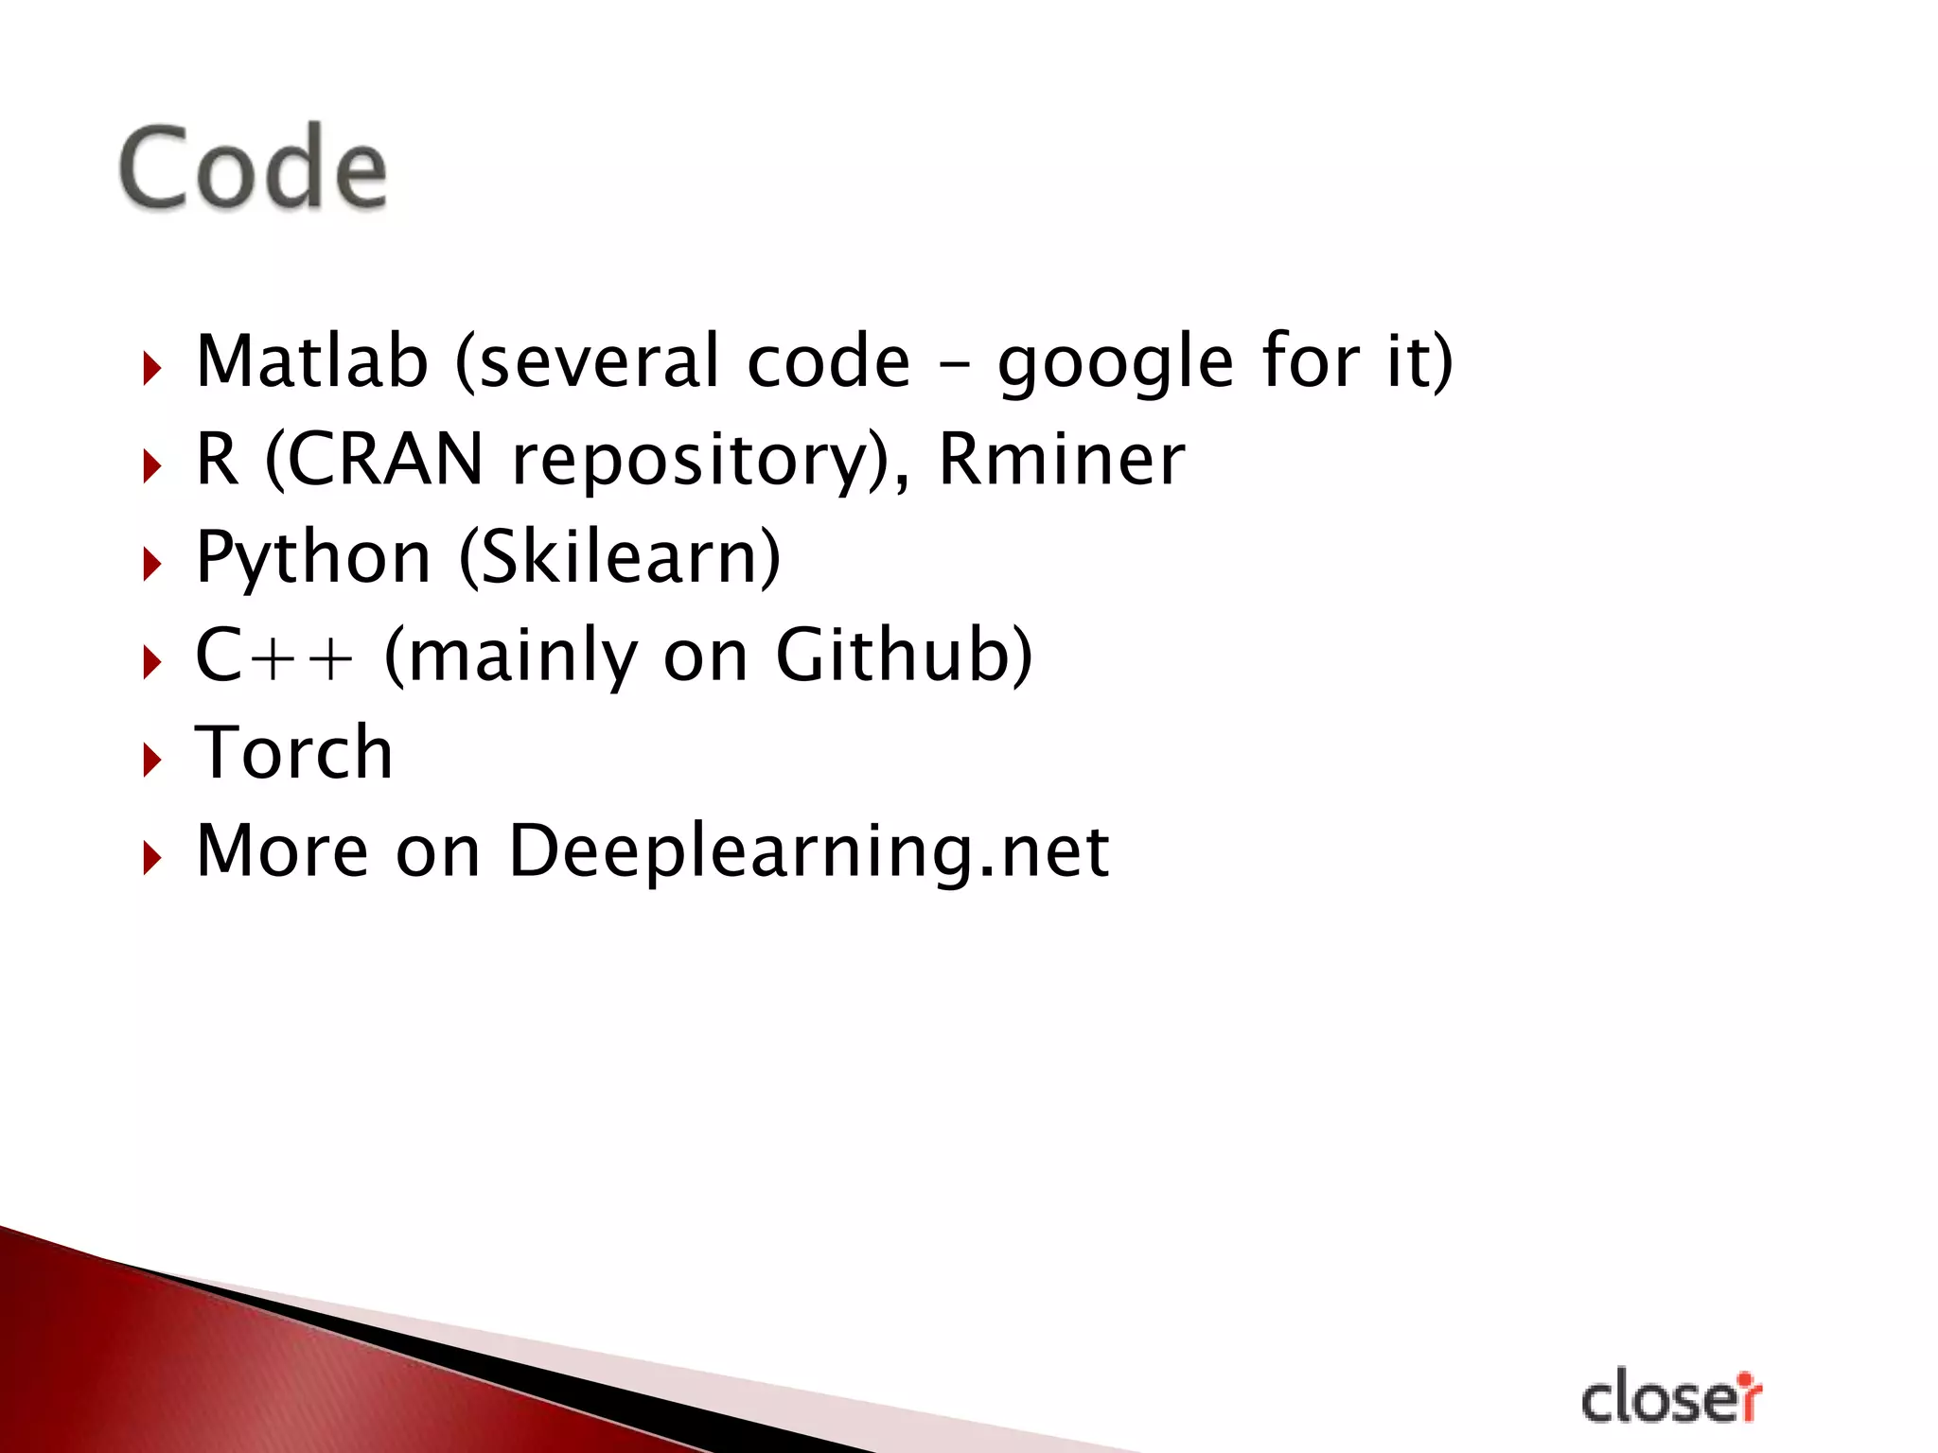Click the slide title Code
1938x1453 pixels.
(x=253, y=168)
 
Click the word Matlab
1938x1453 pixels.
(x=312, y=361)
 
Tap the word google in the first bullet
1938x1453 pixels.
(x=1117, y=364)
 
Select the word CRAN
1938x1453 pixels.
(x=386, y=460)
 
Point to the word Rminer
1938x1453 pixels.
(x=1061, y=460)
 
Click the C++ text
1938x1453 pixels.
(x=274, y=656)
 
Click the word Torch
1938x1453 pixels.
(x=293, y=753)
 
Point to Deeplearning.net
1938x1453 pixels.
(x=809, y=851)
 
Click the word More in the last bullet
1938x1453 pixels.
(x=282, y=850)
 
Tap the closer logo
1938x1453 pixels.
(x=1671, y=1398)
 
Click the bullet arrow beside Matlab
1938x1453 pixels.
(x=151, y=367)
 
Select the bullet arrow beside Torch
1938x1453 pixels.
(x=151, y=759)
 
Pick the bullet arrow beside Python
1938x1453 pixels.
(x=151, y=564)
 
